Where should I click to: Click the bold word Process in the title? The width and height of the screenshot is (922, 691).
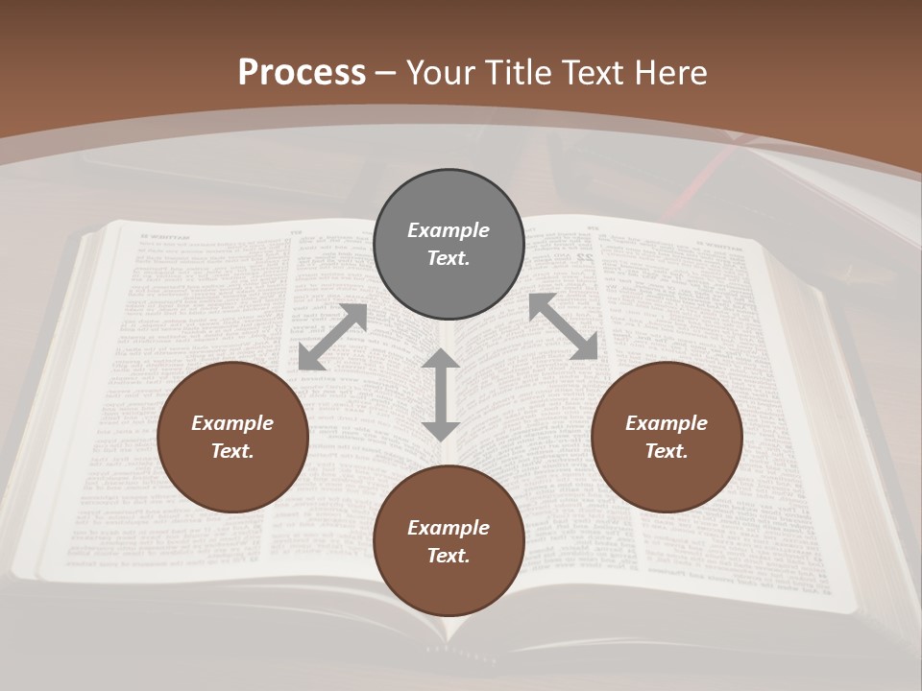point(302,73)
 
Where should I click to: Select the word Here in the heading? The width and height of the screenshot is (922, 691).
point(669,73)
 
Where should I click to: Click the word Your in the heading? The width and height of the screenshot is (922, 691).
point(442,73)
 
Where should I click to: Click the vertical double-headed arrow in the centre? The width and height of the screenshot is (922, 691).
point(441,394)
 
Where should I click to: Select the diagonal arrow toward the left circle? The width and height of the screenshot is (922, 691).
point(332,337)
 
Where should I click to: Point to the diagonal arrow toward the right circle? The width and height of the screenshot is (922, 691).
point(564,326)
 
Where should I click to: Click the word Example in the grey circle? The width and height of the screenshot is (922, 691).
point(449,230)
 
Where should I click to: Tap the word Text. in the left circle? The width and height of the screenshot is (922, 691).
point(232,451)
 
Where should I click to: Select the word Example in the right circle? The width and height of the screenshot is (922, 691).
point(667,423)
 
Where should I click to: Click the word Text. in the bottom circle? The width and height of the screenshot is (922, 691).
point(449,556)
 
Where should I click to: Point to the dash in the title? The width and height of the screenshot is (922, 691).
point(385,73)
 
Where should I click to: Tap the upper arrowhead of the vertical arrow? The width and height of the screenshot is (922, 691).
point(441,361)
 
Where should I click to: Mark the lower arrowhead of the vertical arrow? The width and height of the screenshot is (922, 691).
point(441,429)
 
